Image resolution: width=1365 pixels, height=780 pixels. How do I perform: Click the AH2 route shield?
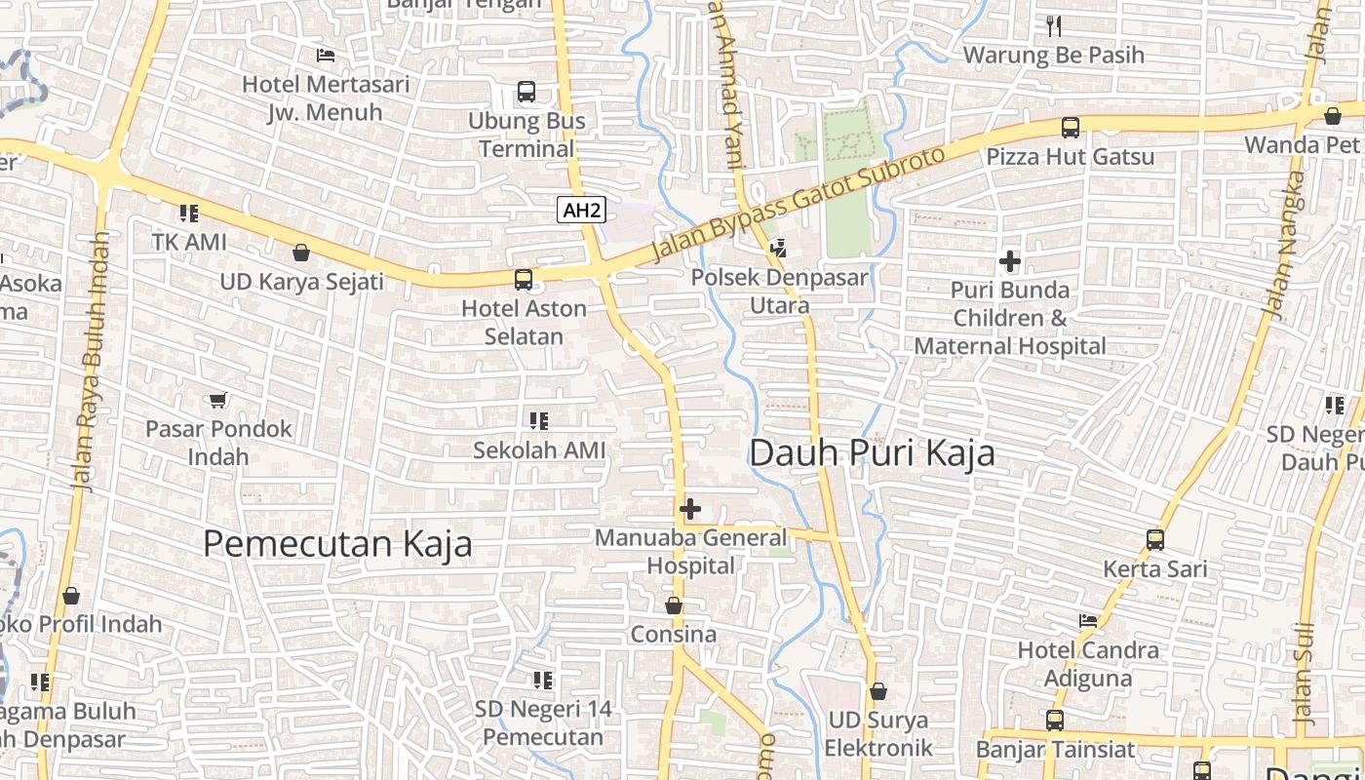tap(581, 210)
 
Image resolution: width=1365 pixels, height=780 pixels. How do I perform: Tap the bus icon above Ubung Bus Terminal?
tap(526, 93)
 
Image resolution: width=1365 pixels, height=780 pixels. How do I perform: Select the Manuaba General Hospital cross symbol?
tap(690, 509)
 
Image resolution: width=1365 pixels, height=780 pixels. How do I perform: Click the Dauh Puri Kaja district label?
tap(872, 453)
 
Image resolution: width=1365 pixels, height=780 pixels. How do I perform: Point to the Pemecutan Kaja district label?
tap(337, 544)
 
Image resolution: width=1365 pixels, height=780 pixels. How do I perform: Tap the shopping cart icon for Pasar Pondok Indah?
tap(218, 400)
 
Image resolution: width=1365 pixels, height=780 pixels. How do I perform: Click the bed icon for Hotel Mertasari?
tap(326, 56)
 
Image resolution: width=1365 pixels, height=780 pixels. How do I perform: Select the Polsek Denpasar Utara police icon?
tap(778, 249)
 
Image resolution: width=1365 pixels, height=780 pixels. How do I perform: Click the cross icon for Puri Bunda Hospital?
tap(1010, 261)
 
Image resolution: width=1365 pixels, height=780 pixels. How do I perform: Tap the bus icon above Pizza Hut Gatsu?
tap(1070, 128)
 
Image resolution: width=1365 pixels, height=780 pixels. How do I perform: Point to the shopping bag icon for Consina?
tap(673, 606)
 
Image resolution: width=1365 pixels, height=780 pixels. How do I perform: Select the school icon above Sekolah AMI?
tap(539, 421)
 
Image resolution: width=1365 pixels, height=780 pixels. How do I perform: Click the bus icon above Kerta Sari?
tap(1155, 539)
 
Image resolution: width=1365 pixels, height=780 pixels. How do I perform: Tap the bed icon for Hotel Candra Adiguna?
tap(1088, 621)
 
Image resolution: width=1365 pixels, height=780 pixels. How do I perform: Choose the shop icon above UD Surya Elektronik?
tap(878, 691)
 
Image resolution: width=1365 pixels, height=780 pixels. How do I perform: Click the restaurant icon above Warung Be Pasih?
tap(1053, 26)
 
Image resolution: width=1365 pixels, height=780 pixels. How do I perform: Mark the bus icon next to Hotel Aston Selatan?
tap(524, 280)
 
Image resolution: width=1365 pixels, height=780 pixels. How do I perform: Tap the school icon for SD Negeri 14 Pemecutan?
tap(543, 680)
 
